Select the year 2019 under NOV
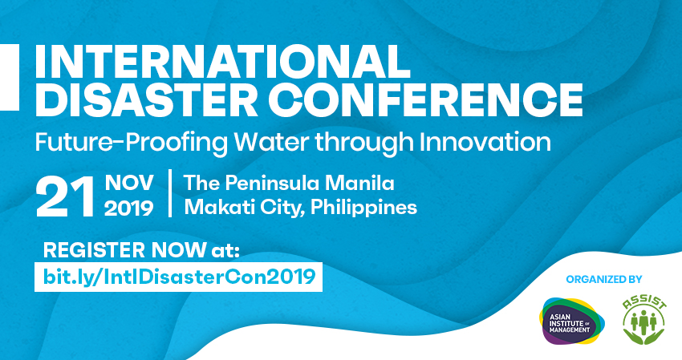click(x=128, y=208)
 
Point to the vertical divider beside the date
click(x=170, y=193)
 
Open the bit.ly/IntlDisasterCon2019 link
click(x=177, y=277)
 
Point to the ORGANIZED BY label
click(x=604, y=280)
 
